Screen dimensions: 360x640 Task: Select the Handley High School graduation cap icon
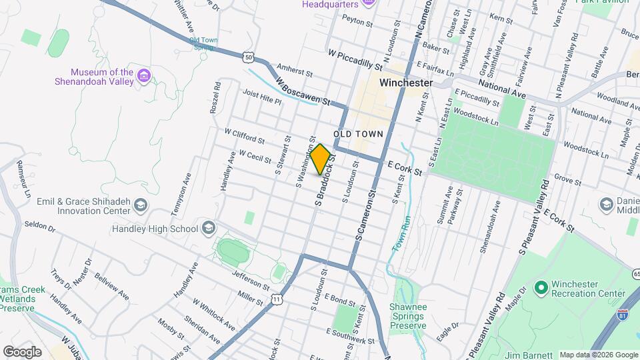pyautogui.click(x=208, y=229)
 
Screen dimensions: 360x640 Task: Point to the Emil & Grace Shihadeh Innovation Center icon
pyautogui.click(x=141, y=205)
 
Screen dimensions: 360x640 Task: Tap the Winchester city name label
pyautogui.click(x=405, y=83)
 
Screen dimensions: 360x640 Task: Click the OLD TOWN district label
pyautogui.click(x=359, y=134)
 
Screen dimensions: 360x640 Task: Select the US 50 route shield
pyautogui.click(x=248, y=58)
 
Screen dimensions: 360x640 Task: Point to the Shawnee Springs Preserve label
pyautogui.click(x=407, y=317)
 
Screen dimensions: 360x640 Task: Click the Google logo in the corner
pyautogui.click(x=22, y=351)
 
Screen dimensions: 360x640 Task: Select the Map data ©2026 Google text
pyautogui.click(x=598, y=355)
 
